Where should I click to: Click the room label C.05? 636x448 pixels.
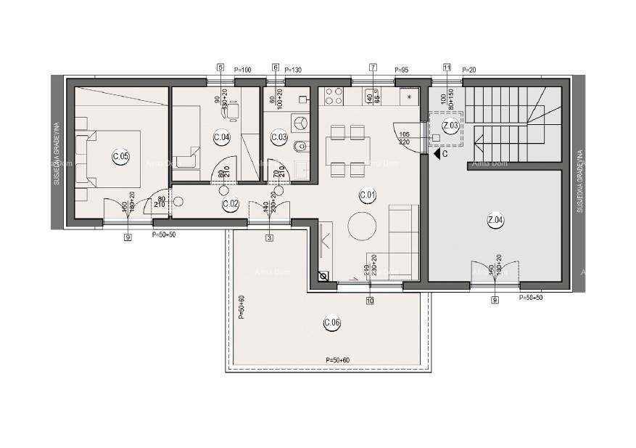[120, 155]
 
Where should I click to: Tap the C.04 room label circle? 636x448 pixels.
[222, 137]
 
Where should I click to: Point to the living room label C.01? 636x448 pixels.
[367, 195]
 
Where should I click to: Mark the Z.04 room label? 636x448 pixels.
[496, 221]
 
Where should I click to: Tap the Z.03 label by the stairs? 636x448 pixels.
[451, 126]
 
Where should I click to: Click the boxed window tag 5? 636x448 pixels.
[220, 68]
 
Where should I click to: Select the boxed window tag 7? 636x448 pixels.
[373, 68]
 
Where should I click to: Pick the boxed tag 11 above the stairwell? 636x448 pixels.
[447, 68]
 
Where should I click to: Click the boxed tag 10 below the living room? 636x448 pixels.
[370, 300]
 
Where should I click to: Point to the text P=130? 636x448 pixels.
[294, 70]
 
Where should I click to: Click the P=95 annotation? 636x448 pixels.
[401, 70]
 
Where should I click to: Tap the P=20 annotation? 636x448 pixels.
[469, 70]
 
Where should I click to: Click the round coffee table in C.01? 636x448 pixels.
[362, 226]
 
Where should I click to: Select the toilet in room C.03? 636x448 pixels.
[301, 147]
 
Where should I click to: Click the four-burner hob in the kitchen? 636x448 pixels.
[334, 97]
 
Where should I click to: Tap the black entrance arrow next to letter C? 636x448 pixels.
[436, 153]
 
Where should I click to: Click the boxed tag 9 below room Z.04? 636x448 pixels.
[495, 300]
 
